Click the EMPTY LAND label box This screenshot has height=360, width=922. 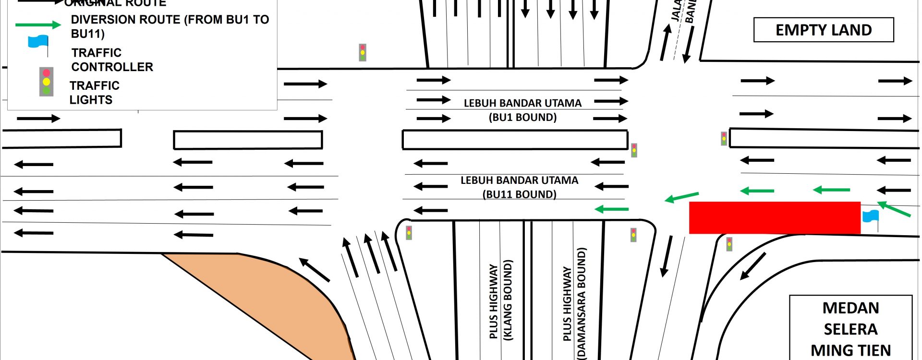tap(823, 30)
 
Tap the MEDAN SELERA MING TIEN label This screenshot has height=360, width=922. tap(850, 329)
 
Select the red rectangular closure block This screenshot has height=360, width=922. tap(774, 217)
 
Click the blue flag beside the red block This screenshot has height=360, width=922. tap(870, 216)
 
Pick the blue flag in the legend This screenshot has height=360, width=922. tap(38, 42)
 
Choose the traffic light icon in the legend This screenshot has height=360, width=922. tap(46, 82)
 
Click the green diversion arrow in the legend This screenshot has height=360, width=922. tap(37, 25)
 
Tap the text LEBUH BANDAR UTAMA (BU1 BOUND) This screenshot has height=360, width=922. tap(522, 110)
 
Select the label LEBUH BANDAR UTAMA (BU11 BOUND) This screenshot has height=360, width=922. tap(520, 187)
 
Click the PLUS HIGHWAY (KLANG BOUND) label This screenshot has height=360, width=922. tap(501, 300)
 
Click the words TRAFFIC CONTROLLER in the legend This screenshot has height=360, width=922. tap(112, 60)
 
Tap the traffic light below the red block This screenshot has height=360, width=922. tap(729, 244)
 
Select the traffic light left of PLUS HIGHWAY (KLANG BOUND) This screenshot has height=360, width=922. tap(409, 233)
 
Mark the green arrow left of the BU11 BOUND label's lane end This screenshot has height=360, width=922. tap(611, 209)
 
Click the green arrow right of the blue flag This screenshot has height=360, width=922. tap(894, 209)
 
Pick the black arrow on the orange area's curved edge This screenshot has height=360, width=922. tap(314, 270)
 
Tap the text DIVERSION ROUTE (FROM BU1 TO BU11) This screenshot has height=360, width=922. tap(170, 26)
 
